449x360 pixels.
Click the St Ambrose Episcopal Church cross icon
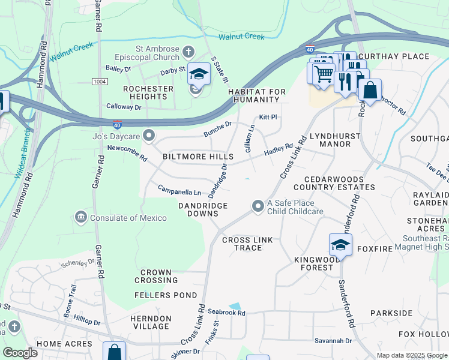188,51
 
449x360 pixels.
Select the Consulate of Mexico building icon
80,216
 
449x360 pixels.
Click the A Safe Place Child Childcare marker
258,206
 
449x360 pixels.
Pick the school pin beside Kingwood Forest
340,245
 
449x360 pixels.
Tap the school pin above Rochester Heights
197,74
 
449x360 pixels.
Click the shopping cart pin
323,73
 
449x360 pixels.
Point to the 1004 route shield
100,81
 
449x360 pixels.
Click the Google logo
20,352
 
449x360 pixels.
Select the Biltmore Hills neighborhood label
198,157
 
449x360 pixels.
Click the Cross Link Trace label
247,244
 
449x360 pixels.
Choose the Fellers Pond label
166,295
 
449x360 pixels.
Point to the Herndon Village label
151,322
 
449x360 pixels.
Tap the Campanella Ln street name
179,192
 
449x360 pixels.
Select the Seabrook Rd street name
227,312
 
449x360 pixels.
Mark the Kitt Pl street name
267,118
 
